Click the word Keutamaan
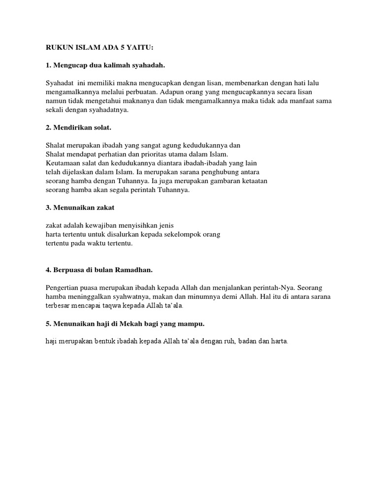pyautogui.click(x=63, y=163)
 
